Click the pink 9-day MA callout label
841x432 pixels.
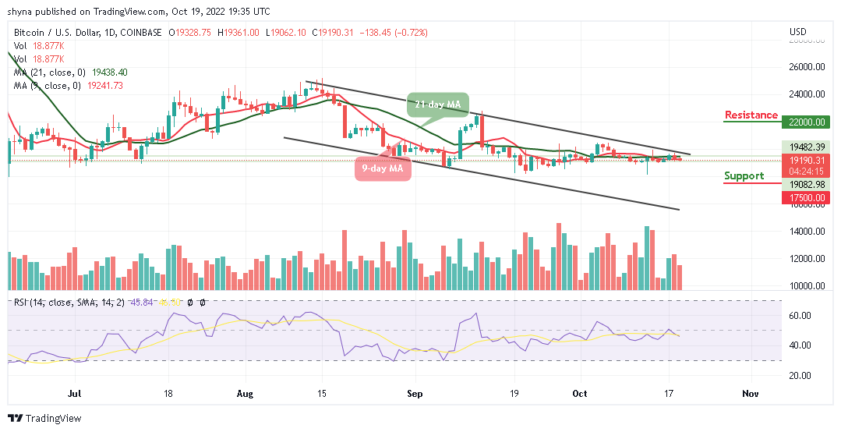[381, 168]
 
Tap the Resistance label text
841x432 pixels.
[751, 115]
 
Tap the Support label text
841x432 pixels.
[744, 176]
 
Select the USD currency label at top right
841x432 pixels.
[797, 32]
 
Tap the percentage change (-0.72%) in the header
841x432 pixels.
[410, 32]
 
